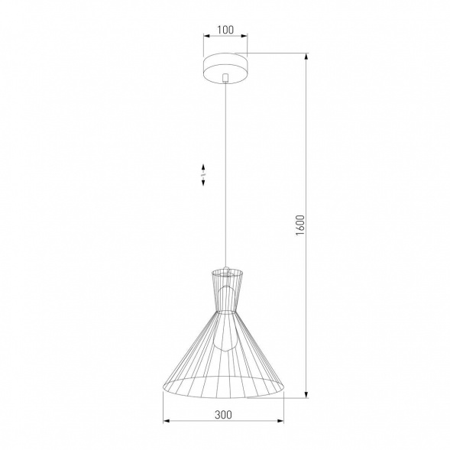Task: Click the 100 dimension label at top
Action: coord(225,30)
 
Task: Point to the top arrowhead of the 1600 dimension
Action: coord(306,56)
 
